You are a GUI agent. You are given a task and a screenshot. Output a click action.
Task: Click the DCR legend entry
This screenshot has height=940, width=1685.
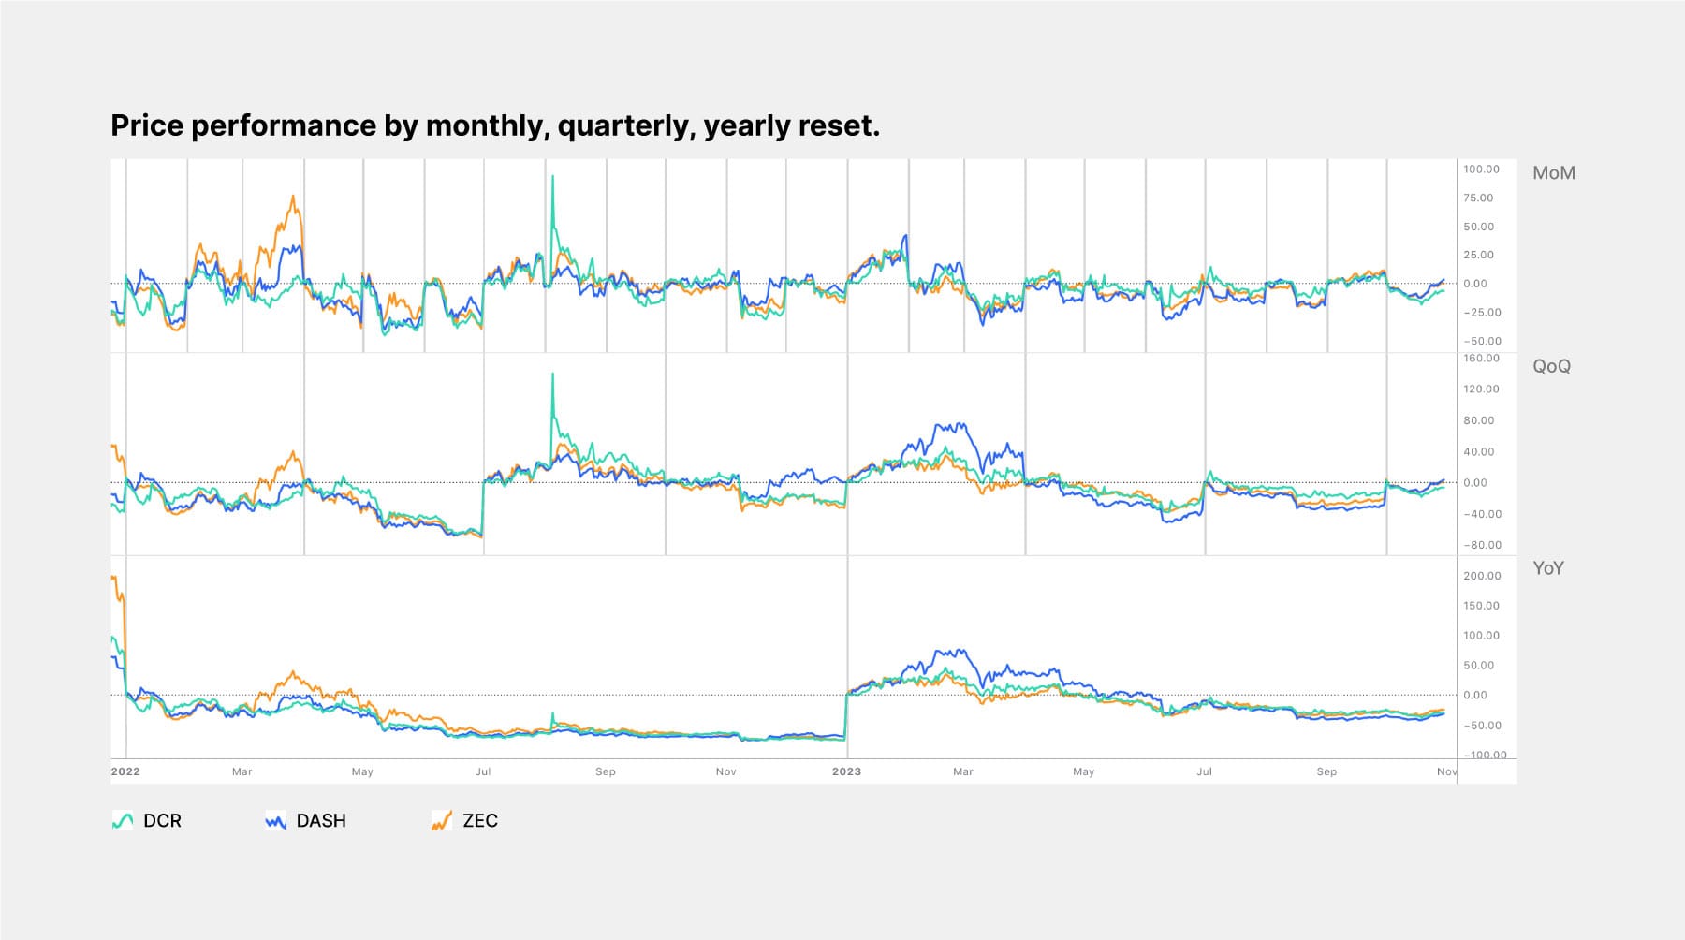pos(147,821)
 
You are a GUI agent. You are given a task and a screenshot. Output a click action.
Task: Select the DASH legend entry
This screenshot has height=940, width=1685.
pos(306,821)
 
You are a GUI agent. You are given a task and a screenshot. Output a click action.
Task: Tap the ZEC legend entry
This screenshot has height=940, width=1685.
pos(465,821)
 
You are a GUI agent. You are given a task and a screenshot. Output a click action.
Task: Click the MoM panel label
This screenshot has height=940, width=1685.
pos(1553,173)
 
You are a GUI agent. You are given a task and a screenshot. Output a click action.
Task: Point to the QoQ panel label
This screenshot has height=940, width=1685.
pos(1551,366)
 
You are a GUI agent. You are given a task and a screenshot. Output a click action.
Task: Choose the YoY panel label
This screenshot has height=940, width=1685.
pos(1547,568)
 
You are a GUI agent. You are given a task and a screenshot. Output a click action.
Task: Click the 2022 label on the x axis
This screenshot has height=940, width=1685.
pos(125,771)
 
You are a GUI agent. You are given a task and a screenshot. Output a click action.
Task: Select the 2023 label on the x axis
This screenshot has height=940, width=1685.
pos(846,771)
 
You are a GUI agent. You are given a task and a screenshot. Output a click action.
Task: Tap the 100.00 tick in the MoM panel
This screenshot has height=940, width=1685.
pos(1481,169)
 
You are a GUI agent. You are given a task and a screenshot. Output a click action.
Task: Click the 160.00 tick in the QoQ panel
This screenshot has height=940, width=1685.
pos(1481,358)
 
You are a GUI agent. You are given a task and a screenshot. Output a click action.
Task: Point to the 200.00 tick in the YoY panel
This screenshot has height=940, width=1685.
pos(1481,576)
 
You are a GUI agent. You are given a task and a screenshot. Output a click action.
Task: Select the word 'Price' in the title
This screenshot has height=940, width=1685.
pos(147,125)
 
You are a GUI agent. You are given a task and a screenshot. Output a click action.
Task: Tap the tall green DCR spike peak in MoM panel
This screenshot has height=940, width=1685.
pos(552,176)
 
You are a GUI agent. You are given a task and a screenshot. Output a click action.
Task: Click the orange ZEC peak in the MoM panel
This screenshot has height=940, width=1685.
pos(293,197)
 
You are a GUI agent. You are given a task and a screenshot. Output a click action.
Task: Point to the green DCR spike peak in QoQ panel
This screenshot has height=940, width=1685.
pos(552,374)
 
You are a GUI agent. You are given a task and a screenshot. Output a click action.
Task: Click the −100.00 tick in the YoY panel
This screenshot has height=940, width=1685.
pos(1485,756)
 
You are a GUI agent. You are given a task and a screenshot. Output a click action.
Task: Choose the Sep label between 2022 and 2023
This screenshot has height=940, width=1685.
pos(606,771)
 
